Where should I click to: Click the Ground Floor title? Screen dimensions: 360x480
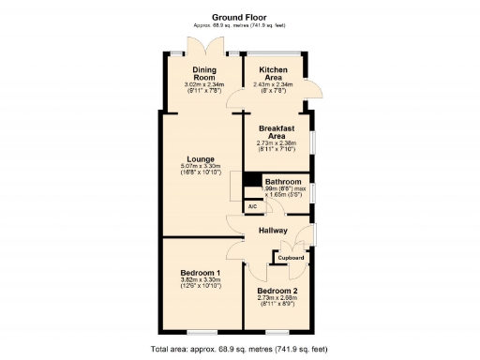coord(239,16)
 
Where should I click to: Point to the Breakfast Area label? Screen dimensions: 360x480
coord(277,132)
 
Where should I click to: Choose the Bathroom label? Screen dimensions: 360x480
coord(282,181)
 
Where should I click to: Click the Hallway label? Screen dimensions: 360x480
coord(275,229)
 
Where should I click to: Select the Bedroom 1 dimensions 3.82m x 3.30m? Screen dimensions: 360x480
coord(200,282)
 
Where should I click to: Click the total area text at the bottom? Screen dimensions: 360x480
coord(239,349)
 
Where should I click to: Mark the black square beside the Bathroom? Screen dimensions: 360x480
coord(251,181)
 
